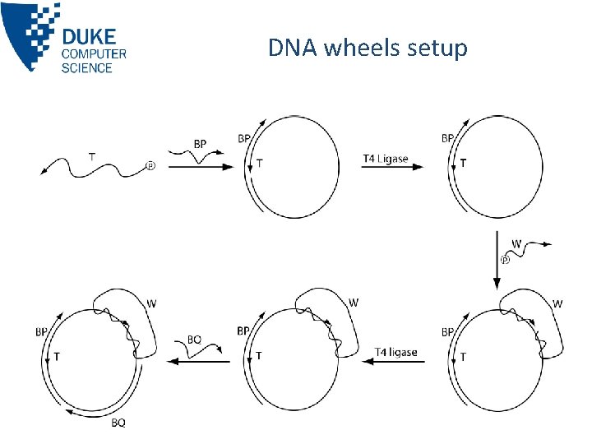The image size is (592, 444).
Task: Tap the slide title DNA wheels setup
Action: [x=368, y=49]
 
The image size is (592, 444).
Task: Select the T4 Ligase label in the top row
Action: [x=385, y=158]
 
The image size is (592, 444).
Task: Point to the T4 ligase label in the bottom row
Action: [x=396, y=352]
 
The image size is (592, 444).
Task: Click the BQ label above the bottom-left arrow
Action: [x=194, y=339]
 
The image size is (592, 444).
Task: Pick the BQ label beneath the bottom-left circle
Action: [x=118, y=423]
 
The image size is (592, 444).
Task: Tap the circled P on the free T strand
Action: [x=150, y=165]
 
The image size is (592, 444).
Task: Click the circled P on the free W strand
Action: [x=505, y=261]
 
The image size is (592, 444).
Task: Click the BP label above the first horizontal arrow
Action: [x=200, y=144]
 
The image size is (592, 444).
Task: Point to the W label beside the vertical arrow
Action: [x=516, y=243]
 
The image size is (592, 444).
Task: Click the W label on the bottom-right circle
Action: [x=557, y=303]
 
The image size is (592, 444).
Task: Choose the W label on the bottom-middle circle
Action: [x=354, y=303]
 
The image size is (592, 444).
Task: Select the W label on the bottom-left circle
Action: [x=150, y=303]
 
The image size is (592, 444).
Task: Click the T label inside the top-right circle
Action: [x=464, y=164]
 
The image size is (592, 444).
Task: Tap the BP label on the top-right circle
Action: [x=447, y=138]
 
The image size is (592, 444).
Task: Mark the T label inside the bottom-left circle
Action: [x=56, y=357]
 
